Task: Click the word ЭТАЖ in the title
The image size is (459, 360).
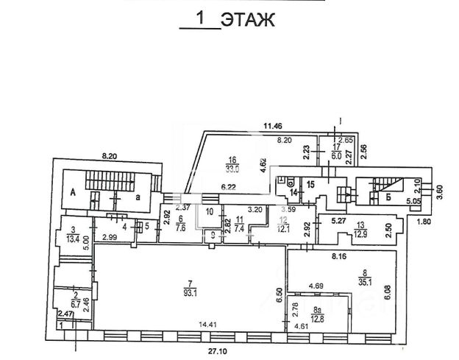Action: pyautogui.click(x=248, y=20)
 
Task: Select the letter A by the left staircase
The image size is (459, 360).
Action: pyautogui.click(x=74, y=188)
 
